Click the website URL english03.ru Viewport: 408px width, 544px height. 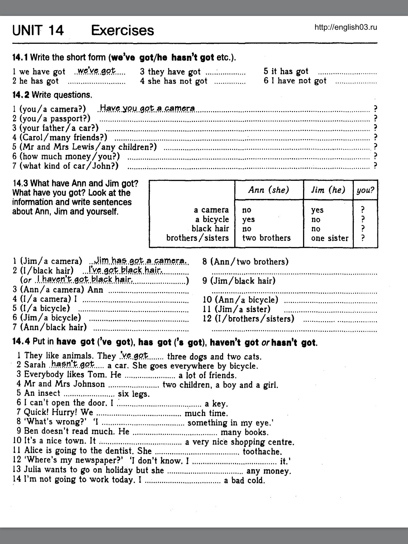coord(346,27)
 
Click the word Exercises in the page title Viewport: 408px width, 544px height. coord(122,30)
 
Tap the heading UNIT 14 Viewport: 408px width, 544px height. coord(38,30)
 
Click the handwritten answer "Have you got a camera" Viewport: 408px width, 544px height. coord(147,108)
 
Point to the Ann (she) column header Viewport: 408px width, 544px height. coord(269,190)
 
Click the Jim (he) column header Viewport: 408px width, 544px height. coord(328,190)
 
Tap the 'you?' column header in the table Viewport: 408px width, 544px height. coord(365,190)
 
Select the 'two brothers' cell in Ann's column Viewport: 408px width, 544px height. coord(266,238)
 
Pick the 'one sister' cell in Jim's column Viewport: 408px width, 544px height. coord(330,238)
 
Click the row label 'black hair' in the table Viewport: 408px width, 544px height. coord(210,228)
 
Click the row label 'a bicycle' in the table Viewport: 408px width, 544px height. coord(212,219)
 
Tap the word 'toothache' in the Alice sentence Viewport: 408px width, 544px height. coord(262,451)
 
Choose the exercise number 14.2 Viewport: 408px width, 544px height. coord(21,95)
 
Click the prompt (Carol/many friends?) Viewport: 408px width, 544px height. coord(63,137)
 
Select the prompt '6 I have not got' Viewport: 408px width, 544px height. coord(295,81)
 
